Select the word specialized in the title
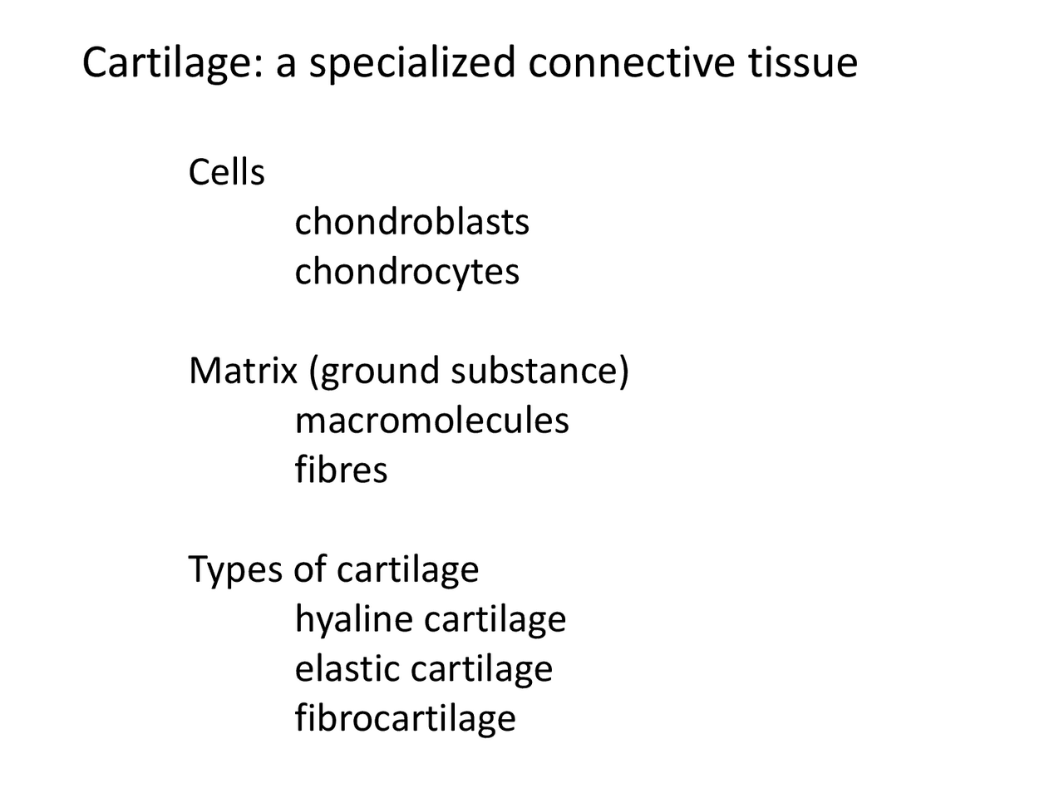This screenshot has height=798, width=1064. click(412, 63)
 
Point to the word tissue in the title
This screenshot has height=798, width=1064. click(802, 63)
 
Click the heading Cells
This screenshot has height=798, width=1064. click(226, 173)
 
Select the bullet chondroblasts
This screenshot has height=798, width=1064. click(411, 222)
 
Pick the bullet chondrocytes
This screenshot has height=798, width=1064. click(406, 272)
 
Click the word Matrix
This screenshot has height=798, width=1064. click(242, 371)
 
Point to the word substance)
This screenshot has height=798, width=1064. click(539, 371)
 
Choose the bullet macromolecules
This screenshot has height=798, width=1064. click(431, 421)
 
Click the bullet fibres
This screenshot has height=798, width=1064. click(341, 470)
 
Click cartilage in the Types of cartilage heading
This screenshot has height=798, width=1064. click(407, 570)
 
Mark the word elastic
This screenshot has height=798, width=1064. click(347, 669)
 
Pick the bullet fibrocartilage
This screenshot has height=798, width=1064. click(405, 718)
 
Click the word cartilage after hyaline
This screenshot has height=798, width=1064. click(495, 620)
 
